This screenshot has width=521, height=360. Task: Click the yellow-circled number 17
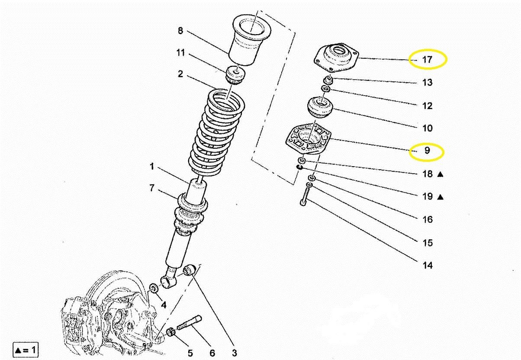point(427,60)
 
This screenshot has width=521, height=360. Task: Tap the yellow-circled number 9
point(427,150)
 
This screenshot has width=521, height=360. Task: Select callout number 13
point(427,82)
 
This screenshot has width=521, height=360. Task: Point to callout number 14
point(428,265)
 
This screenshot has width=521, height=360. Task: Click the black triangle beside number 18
point(440,174)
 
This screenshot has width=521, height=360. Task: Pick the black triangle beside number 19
point(440,197)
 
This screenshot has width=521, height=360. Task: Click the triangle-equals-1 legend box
point(26,350)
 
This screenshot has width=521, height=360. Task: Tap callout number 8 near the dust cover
point(180,30)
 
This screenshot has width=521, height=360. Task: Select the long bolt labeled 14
point(305,197)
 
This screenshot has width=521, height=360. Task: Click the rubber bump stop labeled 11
point(235,75)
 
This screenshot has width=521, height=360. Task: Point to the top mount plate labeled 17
point(337,57)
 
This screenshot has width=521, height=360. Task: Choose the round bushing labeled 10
point(320,107)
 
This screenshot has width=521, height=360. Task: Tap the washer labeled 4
point(154,288)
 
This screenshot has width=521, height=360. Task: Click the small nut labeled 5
point(171,331)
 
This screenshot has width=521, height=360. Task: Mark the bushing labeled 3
point(190,270)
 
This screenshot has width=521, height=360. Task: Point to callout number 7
point(151,188)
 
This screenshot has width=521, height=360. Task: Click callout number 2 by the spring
point(180,74)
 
